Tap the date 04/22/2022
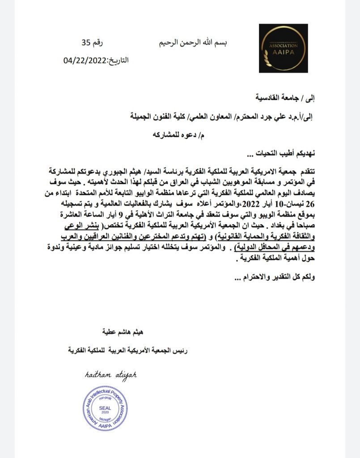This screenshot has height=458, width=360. click(85, 60)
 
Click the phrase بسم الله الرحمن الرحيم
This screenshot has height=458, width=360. click(193, 43)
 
